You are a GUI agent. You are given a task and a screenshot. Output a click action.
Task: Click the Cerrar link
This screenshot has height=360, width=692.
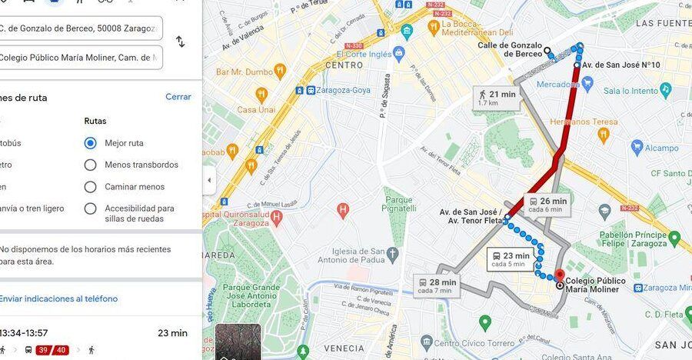click(x=178, y=97)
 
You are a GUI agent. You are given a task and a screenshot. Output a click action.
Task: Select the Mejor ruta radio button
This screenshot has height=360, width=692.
click(x=91, y=143)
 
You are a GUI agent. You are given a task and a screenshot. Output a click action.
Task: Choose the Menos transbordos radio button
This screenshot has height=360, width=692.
click(x=91, y=165)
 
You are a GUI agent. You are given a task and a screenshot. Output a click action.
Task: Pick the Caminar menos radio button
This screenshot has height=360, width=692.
click(x=91, y=187)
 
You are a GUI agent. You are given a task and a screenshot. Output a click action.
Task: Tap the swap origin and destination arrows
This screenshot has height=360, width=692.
click(x=180, y=42)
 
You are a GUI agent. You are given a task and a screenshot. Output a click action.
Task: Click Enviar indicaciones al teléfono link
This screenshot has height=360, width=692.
click(x=58, y=298)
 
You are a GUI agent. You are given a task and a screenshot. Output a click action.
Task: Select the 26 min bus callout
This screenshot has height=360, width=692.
click(x=547, y=205)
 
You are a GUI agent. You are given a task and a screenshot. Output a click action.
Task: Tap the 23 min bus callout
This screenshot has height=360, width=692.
click(x=510, y=259)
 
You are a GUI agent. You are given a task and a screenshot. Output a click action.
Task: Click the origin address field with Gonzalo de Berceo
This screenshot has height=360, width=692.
click(x=80, y=28)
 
